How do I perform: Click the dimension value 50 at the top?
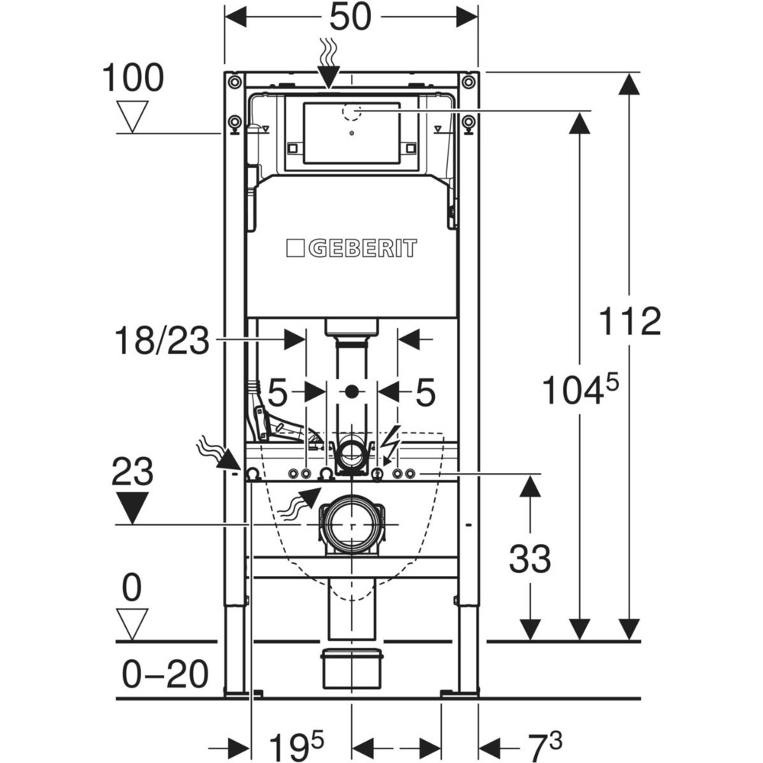(x=352, y=17)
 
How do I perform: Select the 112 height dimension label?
(x=629, y=321)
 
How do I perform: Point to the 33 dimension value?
(x=530, y=560)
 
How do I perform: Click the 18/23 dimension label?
(x=161, y=340)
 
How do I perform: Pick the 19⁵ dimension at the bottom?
(x=296, y=742)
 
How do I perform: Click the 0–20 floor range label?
(x=164, y=675)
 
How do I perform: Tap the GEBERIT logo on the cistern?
(x=352, y=248)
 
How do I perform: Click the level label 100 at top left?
(x=133, y=79)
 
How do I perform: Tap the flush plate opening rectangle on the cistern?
(x=351, y=133)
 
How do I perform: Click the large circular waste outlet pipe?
(x=351, y=525)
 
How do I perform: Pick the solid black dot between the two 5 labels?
(x=351, y=392)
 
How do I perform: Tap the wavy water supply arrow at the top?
(x=329, y=66)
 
